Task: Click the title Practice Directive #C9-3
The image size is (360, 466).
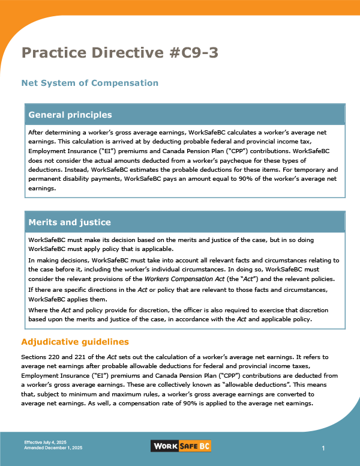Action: [120, 53]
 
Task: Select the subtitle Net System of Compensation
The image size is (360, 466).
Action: [89, 82]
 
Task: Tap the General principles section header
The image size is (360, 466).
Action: [70, 115]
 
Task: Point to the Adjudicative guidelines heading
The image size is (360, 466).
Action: [75, 342]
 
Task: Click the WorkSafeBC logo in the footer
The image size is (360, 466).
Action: [180, 446]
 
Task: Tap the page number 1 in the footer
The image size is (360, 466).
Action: [323, 449]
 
